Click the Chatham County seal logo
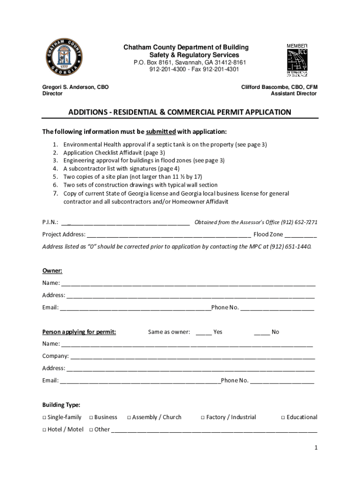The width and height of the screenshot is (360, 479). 64,59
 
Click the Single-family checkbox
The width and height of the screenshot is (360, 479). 44,417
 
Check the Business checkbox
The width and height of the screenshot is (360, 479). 91,417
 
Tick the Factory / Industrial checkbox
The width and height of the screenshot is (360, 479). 203,417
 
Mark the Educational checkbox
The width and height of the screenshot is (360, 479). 283,417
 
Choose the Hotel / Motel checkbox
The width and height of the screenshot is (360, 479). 44,429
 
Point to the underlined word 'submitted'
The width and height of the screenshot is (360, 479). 160,131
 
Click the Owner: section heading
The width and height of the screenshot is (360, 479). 52,271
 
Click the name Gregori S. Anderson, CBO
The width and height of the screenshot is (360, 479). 75,87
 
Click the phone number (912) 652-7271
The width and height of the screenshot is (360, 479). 297,222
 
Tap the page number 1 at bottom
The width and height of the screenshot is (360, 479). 316,448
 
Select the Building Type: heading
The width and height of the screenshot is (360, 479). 61,405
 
